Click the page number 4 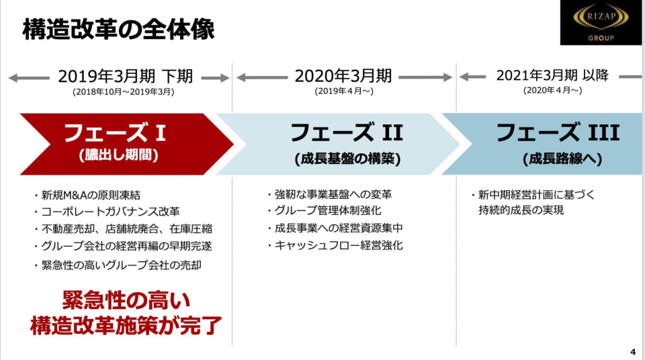[x=633, y=352]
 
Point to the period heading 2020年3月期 [x=343, y=77]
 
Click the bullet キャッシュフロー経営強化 [x=339, y=245]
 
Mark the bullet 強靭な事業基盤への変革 [x=333, y=195]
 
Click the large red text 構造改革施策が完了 [x=126, y=326]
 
